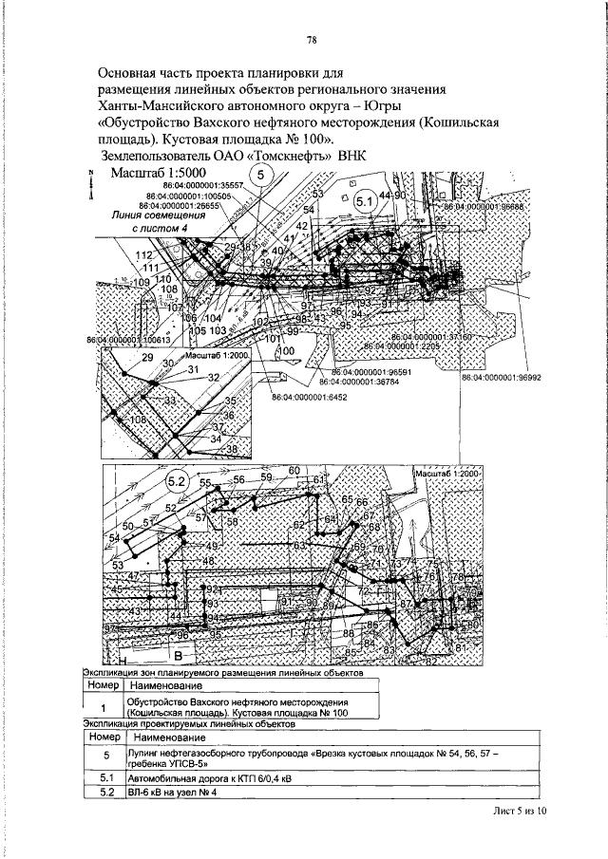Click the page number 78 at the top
pos(311,41)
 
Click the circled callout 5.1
pos(364,200)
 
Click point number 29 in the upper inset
pos(146,357)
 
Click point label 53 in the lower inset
pos(118,566)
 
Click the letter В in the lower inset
pos(177,655)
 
